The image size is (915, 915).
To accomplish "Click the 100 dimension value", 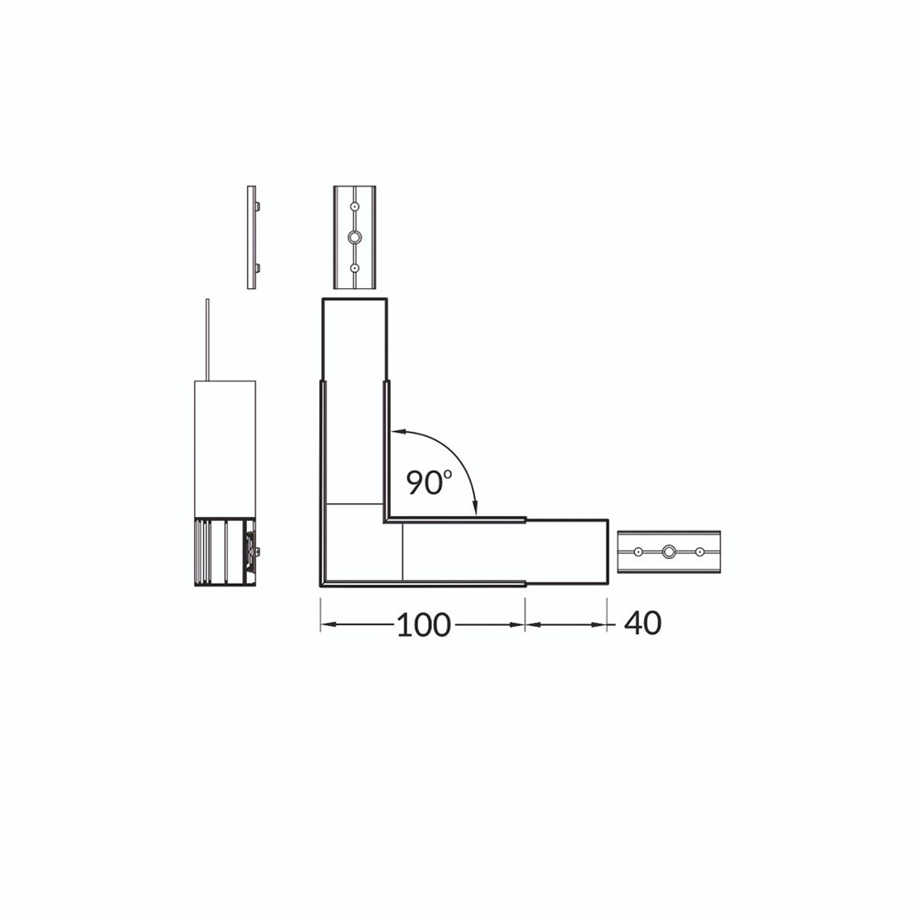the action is tap(424, 624).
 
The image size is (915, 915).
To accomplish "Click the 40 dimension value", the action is tap(643, 622).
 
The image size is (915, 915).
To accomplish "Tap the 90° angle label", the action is tap(429, 482).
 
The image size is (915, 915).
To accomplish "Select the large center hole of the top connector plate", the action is tap(355, 237).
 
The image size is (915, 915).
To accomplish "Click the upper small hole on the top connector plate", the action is tap(355, 207).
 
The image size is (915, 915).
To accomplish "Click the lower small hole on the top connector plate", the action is tap(355, 268).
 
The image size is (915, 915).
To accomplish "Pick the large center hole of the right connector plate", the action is tap(669, 551).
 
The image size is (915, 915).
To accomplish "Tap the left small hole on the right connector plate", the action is tap(639, 551).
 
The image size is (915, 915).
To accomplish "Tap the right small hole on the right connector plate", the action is tap(700, 551).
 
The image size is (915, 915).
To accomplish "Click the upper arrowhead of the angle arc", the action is tap(397, 432).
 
